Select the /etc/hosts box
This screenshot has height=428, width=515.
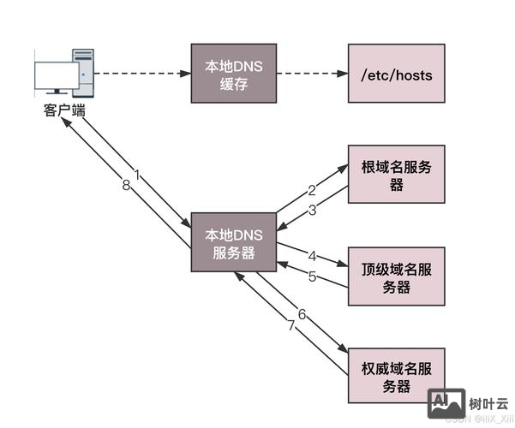tap(397, 75)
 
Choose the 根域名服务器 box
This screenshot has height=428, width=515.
tap(397, 175)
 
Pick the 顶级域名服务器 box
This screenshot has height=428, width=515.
tap(397, 277)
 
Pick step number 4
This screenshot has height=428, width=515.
tap(313, 256)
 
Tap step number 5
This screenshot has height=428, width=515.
tap(313, 276)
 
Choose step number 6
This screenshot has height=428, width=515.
tap(302, 313)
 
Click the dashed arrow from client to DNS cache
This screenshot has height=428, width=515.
tap(141, 75)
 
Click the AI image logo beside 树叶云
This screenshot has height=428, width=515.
tap(446, 401)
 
